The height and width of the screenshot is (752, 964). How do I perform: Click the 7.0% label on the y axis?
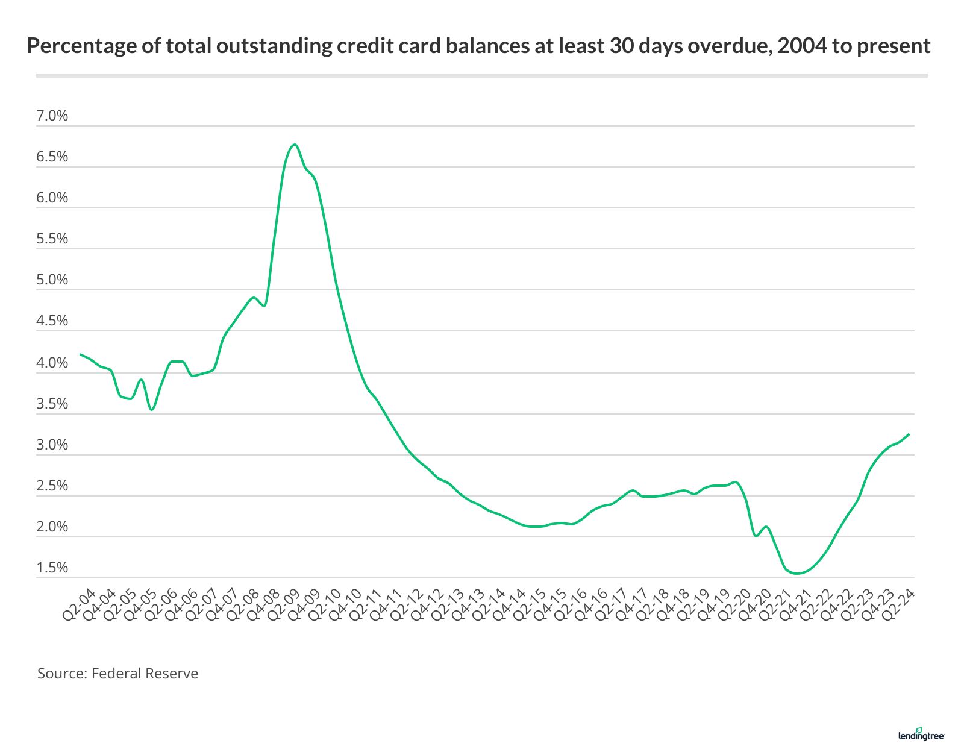tap(52, 116)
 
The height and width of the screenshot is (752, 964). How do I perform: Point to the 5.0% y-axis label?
tap(52, 280)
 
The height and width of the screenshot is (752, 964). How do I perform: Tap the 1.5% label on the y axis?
tap(52, 568)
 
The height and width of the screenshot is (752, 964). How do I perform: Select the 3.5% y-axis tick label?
tap(52, 404)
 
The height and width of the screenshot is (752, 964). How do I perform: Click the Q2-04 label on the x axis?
tap(79, 605)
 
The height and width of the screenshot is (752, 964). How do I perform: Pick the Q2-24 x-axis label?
tap(898, 605)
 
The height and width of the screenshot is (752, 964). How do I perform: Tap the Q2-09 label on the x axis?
tap(284, 605)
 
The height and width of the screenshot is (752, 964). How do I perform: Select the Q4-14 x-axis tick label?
tap(509, 605)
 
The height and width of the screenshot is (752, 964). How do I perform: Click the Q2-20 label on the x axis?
tap(734, 605)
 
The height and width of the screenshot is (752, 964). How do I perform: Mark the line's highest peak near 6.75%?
tap(294, 145)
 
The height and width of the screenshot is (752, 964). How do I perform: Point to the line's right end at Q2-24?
tap(909, 434)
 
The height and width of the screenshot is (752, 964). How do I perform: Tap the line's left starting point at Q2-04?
tap(81, 354)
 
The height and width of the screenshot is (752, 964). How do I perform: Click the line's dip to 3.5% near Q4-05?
tap(152, 410)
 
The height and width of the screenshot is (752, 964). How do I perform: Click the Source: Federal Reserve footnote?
tap(117, 673)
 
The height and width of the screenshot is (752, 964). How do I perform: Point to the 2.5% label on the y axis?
tap(52, 486)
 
